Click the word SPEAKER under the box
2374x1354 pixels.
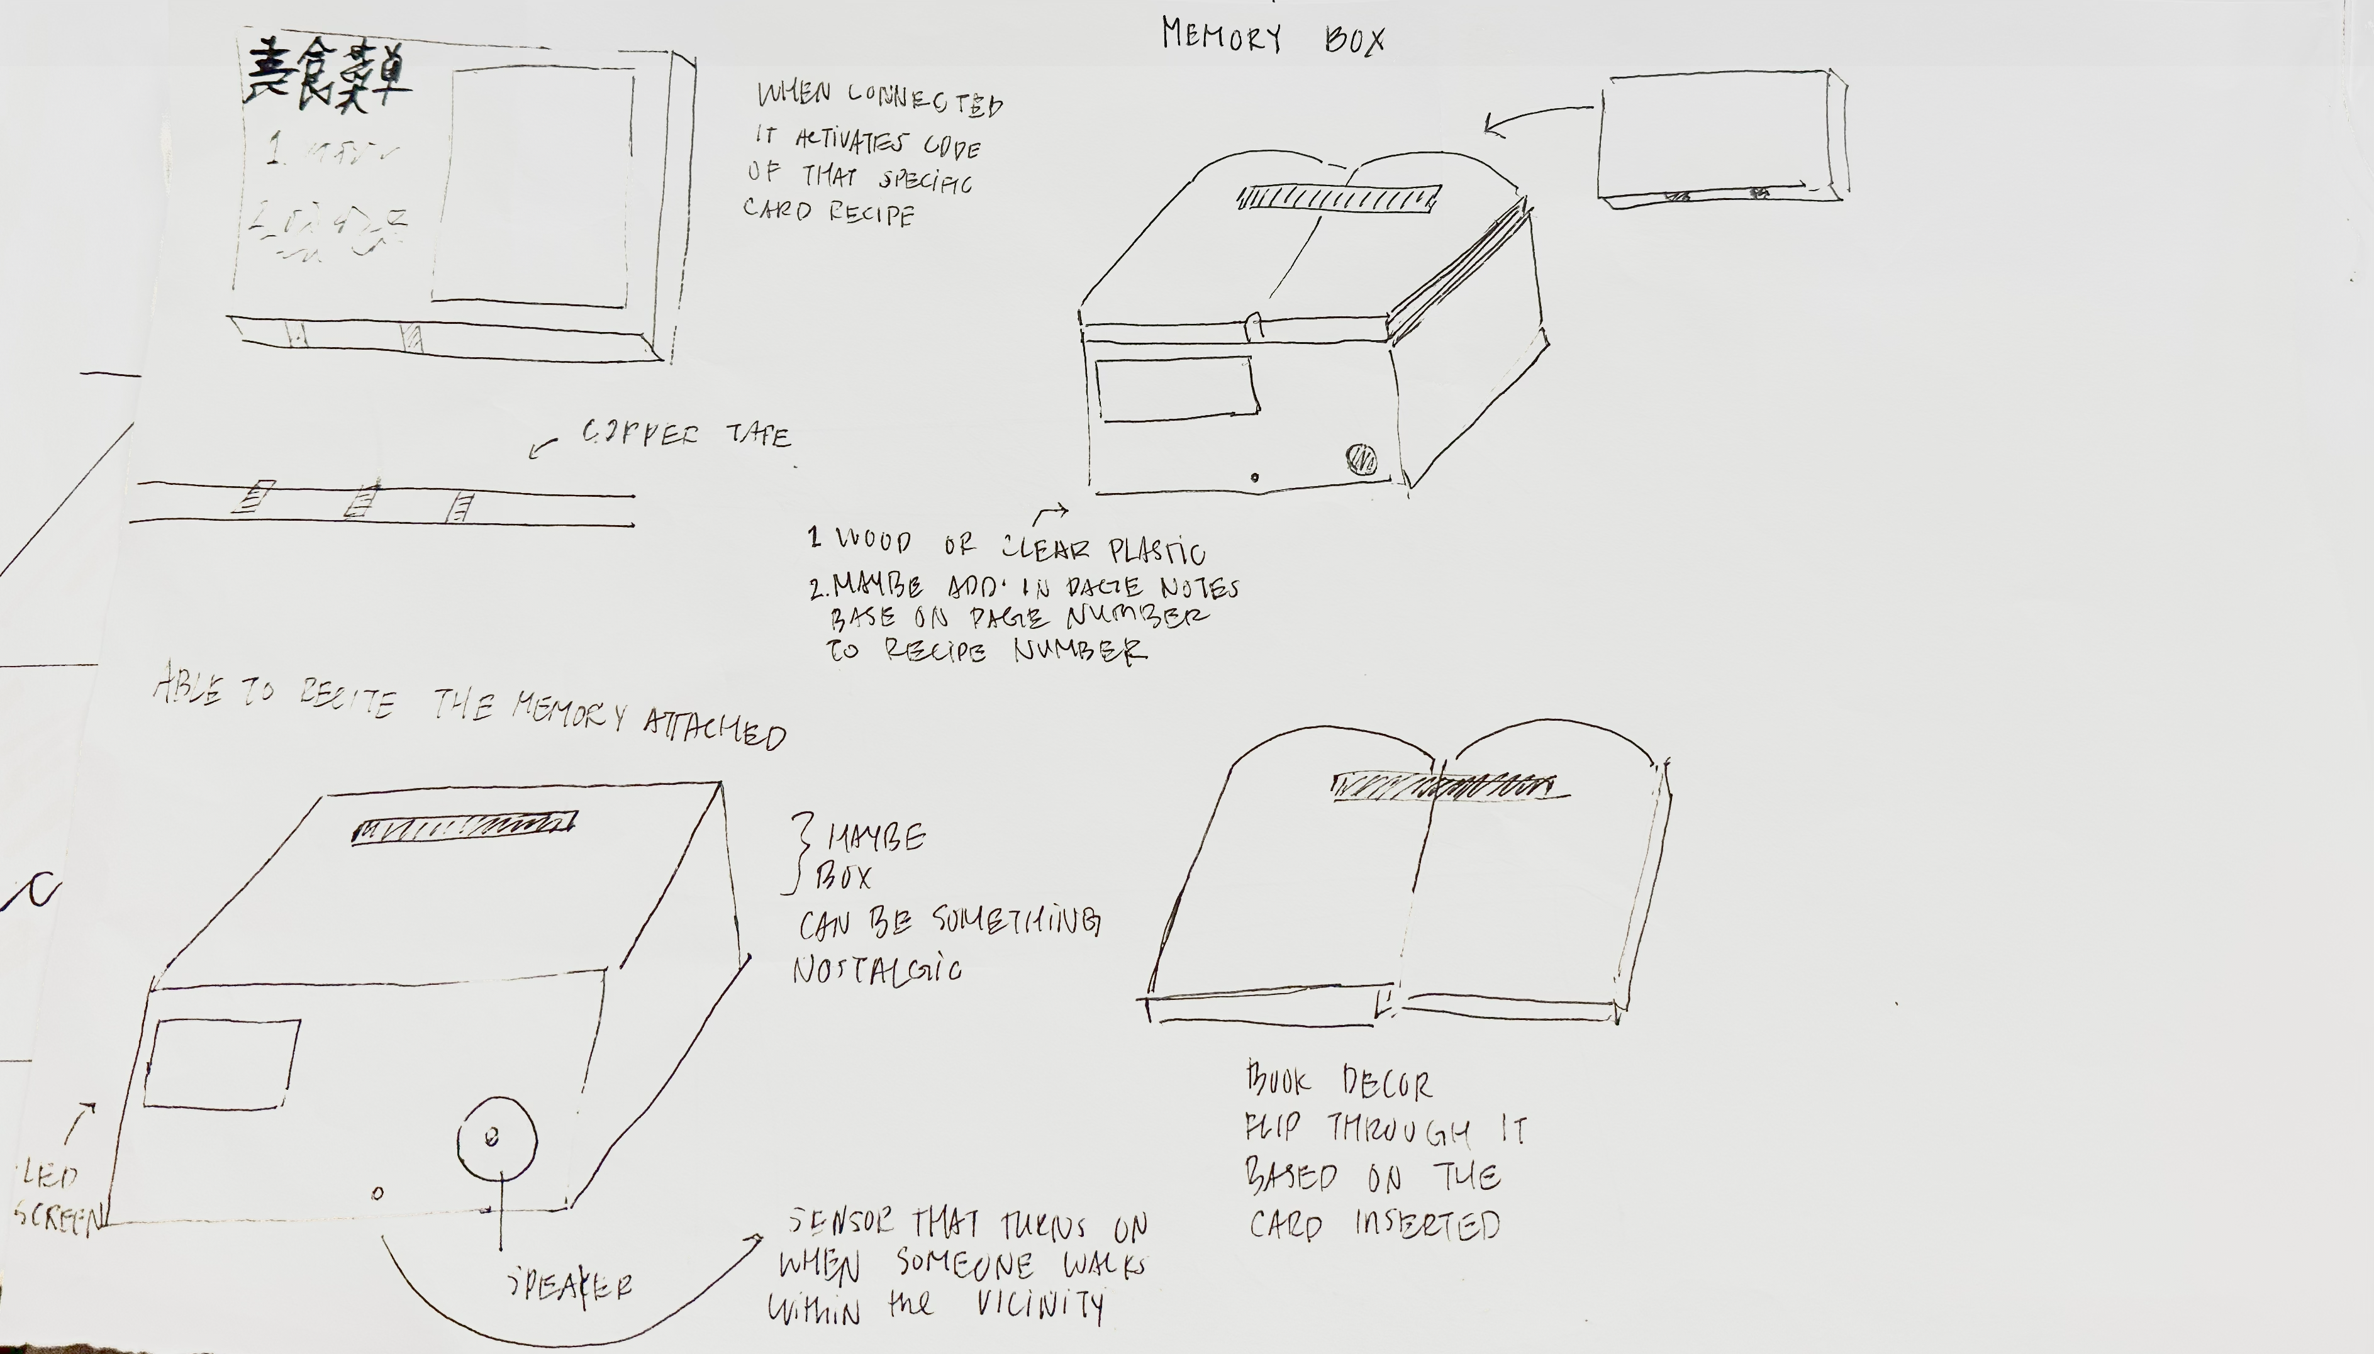(570, 1286)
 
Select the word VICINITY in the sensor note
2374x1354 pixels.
(1040, 1306)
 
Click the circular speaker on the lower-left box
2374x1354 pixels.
(496, 1136)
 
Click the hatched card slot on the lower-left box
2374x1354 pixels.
(464, 827)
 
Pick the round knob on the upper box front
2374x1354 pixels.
(1361, 458)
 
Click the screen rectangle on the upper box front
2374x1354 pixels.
(1176, 389)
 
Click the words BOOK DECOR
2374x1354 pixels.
(1339, 1082)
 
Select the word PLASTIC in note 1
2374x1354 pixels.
(1157, 552)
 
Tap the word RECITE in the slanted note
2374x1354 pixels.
(347, 699)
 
